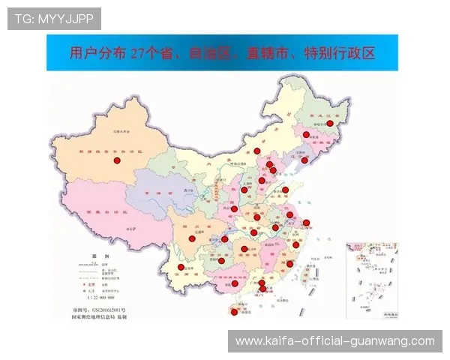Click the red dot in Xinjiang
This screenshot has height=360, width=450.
click(x=116, y=160)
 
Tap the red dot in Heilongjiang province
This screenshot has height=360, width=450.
click(x=329, y=123)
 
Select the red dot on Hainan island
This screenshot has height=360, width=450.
click(x=234, y=312)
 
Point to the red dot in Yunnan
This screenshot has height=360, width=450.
click(x=180, y=268)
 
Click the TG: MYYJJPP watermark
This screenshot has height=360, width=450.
click(x=54, y=18)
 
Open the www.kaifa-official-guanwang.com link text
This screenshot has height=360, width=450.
click(x=335, y=341)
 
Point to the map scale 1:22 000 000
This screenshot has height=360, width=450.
click(x=103, y=298)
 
